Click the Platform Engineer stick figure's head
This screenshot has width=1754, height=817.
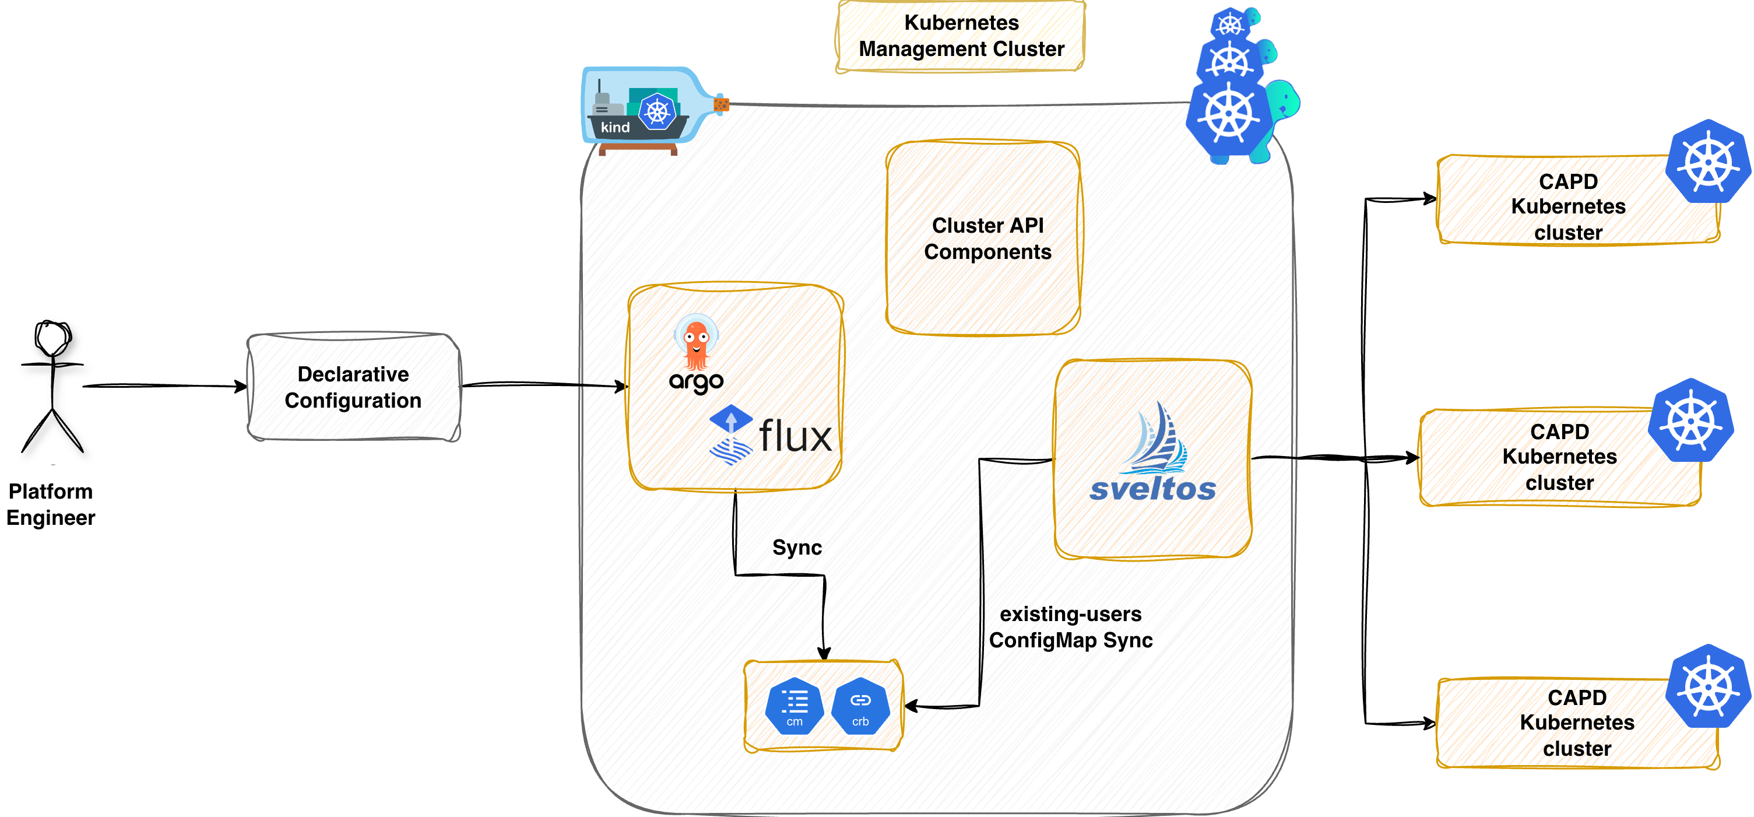53,338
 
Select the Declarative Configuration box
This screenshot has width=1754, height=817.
353,387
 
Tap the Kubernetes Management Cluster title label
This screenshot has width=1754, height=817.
961,36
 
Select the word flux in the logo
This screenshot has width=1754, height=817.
795,437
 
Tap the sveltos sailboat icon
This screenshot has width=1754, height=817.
1155,440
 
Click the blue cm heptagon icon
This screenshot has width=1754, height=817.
794,706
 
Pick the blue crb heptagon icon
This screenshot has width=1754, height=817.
860,706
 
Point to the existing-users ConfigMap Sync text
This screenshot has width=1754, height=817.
1070,627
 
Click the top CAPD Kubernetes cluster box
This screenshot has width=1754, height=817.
1567,206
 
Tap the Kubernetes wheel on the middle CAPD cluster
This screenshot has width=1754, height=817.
1690,421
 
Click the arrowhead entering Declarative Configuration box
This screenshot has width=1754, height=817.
242,387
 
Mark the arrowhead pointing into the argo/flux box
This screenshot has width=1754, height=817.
621,387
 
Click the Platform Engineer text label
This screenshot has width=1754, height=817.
50,504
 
